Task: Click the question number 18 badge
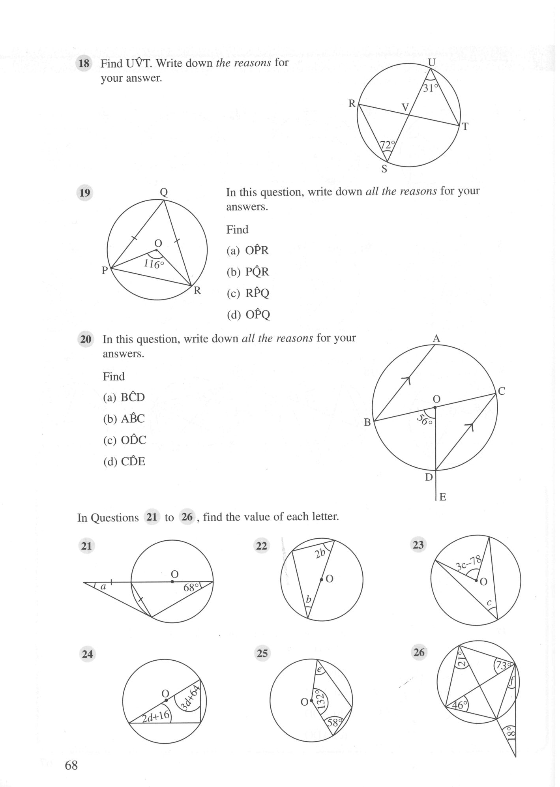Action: [x=84, y=64]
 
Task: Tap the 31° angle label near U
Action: [x=431, y=88]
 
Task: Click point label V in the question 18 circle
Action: [x=405, y=107]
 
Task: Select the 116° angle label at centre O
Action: [x=154, y=263]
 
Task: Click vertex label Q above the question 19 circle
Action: [x=164, y=192]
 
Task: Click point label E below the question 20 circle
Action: [x=442, y=497]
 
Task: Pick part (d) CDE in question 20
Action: [x=124, y=461]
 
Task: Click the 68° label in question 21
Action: [x=191, y=588]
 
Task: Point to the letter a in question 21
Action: [x=103, y=587]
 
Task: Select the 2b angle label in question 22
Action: [x=320, y=553]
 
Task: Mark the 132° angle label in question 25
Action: [x=320, y=701]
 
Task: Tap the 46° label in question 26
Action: [x=459, y=705]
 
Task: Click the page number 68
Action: [x=71, y=766]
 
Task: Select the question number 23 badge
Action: [x=418, y=545]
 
